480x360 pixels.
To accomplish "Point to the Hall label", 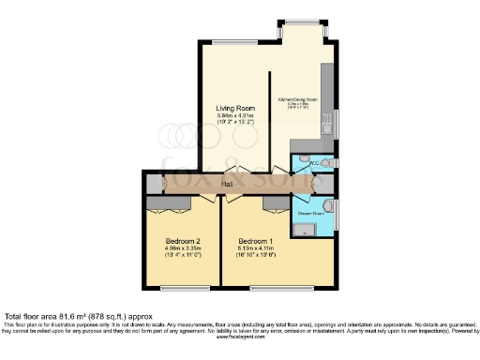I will tap(227, 184).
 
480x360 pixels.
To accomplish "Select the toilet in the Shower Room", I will tap(326, 207).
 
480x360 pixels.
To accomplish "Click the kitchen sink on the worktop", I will tap(325, 120).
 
